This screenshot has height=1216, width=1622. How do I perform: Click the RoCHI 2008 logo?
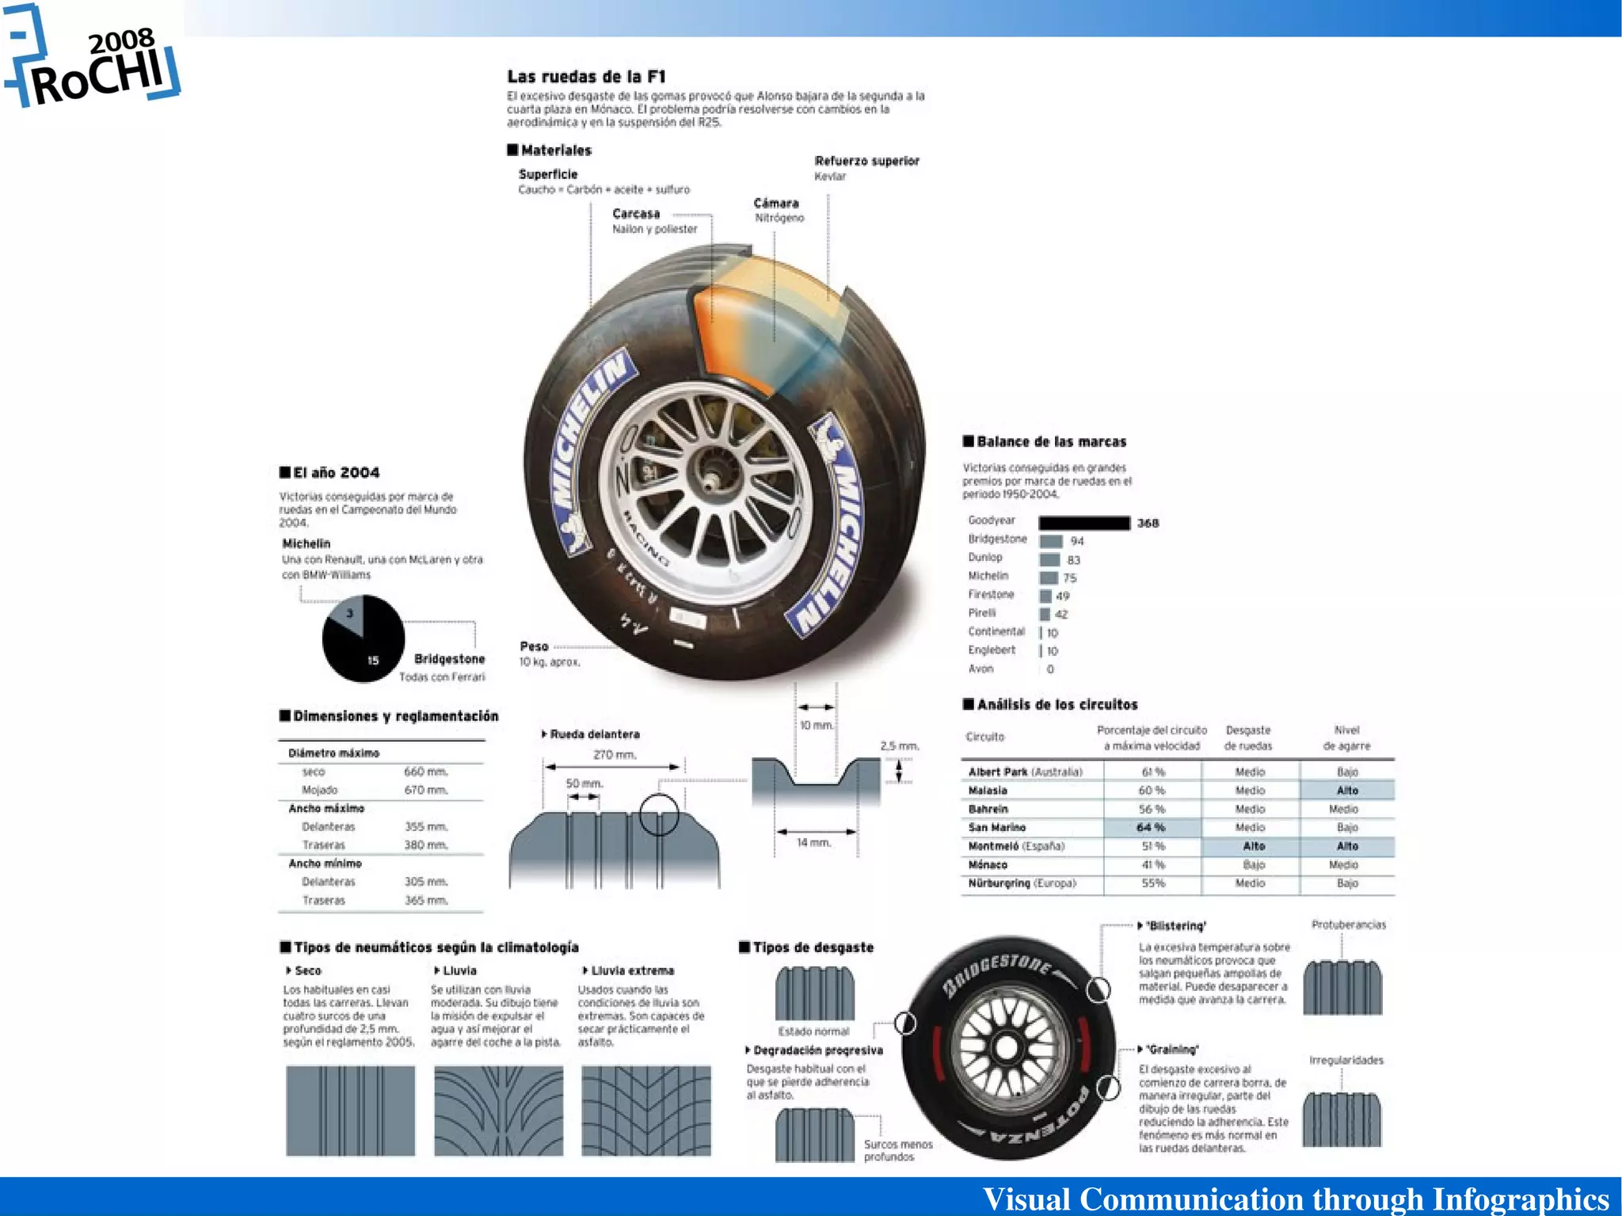(x=93, y=63)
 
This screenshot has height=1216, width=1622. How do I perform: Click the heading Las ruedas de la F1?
(x=586, y=77)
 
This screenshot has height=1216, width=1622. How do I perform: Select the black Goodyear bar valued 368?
(x=1083, y=523)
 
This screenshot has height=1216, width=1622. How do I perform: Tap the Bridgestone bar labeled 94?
(x=1050, y=541)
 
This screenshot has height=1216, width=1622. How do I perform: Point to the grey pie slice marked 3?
(x=349, y=616)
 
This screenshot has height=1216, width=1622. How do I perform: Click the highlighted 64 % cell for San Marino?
(x=1152, y=827)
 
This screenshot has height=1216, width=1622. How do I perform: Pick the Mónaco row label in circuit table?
(x=988, y=864)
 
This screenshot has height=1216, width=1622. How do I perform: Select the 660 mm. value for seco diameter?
(x=426, y=772)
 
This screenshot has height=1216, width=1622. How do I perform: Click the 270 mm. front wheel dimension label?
(x=615, y=754)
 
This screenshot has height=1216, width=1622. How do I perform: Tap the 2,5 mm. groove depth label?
(x=899, y=745)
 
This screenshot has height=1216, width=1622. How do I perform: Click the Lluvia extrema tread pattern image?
(x=645, y=1110)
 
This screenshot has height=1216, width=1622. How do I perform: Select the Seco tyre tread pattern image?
(x=350, y=1110)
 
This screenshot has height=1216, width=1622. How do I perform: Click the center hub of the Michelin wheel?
(x=707, y=480)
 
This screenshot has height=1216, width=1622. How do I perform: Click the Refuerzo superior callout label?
(x=866, y=161)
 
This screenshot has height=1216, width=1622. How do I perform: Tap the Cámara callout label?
(x=775, y=204)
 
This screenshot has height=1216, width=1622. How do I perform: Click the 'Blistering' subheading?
(x=1175, y=925)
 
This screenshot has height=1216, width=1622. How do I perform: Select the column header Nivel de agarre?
(x=1346, y=738)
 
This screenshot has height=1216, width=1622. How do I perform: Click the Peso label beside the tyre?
(x=534, y=646)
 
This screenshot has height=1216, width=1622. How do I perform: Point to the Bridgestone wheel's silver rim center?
(x=1007, y=1047)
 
